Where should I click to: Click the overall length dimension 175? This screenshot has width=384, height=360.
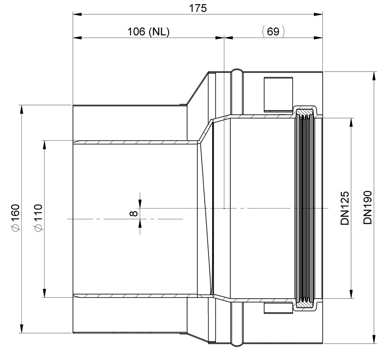point(198,8)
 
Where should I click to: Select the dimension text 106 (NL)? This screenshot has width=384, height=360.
point(149,32)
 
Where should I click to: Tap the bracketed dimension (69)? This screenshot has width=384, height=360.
point(273,32)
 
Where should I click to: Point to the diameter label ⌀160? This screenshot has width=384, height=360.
point(15,217)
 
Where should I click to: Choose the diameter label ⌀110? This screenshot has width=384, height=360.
point(39,217)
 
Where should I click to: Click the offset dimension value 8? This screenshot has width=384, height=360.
point(133,214)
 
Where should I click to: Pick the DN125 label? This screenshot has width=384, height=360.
point(345,208)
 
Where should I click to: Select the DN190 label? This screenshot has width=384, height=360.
point(368,208)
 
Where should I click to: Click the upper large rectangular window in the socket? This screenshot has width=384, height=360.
point(278,94)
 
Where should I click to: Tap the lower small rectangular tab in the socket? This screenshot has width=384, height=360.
point(278,308)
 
